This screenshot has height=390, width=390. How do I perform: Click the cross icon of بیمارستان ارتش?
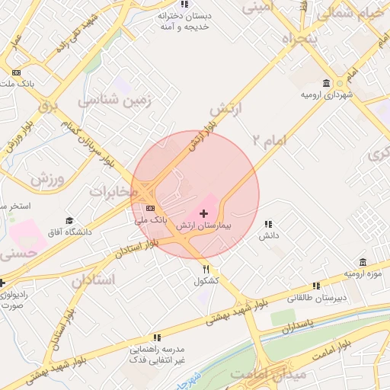pos(203,214)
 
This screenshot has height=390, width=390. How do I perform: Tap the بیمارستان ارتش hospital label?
pos(204,227)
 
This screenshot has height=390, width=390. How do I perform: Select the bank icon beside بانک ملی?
pos(150,208)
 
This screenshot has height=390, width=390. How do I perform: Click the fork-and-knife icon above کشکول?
pos(206,269)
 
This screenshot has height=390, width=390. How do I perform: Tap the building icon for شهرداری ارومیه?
pos(327,84)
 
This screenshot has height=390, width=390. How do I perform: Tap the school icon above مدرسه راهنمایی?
pos(157,337)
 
